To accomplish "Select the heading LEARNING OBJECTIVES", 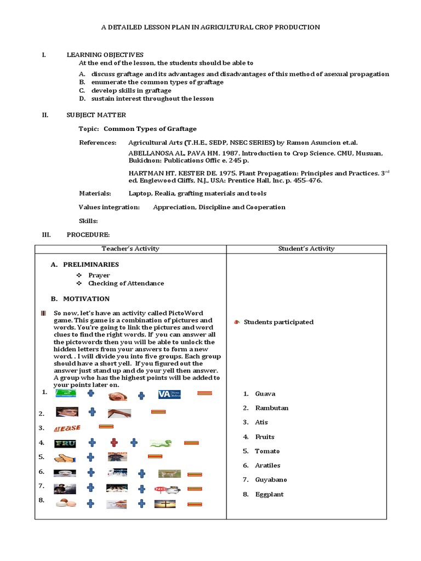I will [x=105, y=55].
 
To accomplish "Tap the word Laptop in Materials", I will [x=141, y=193].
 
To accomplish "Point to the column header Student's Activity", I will [x=306, y=249].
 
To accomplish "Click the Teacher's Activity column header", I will [x=130, y=249].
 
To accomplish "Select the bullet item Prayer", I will [x=99, y=275].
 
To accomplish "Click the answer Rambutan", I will [x=272, y=408].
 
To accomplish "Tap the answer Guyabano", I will [x=271, y=480].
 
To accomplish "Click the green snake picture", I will [x=161, y=443].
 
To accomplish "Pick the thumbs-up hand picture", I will [x=65, y=457].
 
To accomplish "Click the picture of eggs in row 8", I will [x=65, y=502].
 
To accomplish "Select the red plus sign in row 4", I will [x=114, y=443].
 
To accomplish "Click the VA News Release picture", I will [x=169, y=394].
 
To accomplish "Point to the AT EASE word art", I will [x=67, y=428].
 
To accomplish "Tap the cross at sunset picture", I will [x=165, y=503].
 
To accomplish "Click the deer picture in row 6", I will [x=169, y=473].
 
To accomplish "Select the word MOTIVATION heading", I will [x=86, y=299].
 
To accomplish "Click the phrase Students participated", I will [x=278, y=322].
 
